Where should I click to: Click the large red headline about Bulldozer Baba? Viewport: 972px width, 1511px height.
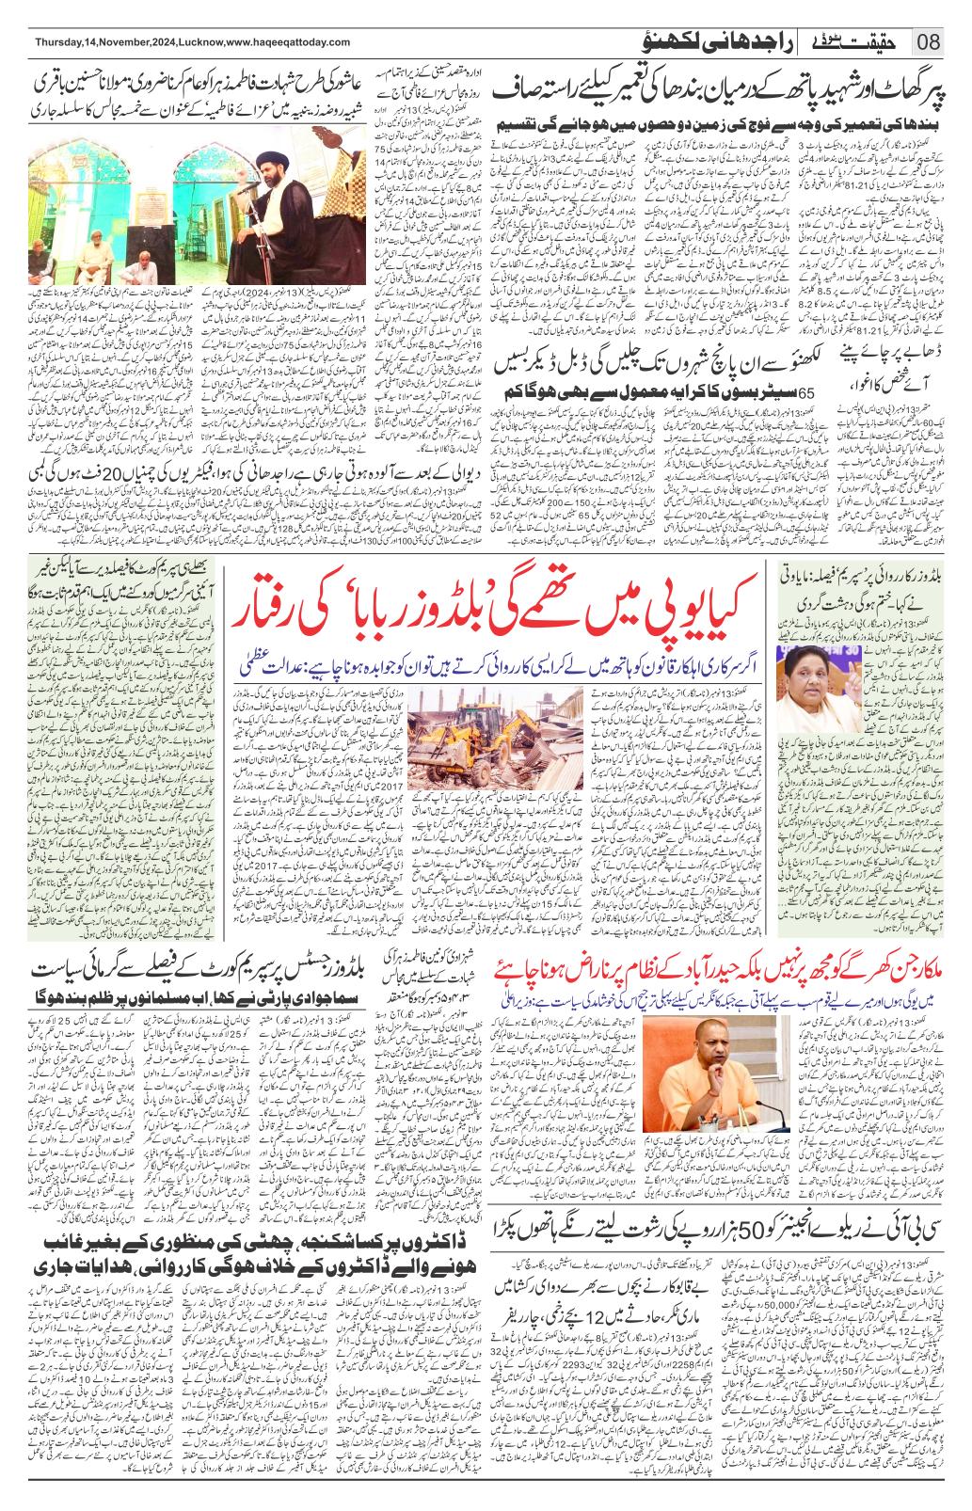499,599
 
